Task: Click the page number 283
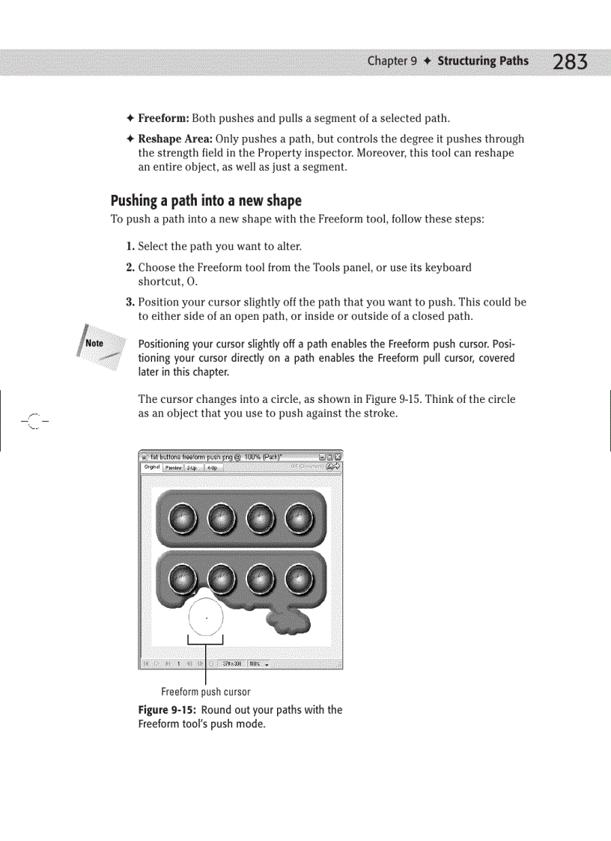pyautogui.click(x=570, y=62)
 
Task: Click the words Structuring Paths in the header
pyautogui.click(x=482, y=61)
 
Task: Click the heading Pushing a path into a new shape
pyautogui.click(x=206, y=201)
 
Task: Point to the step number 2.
pyautogui.click(x=130, y=267)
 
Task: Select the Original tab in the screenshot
pyautogui.click(x=152, y=467)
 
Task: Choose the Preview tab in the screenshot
pyautogui.click(x=173, y=467)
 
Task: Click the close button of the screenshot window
pyautogui.click(x=338, y=456)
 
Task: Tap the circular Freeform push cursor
pyautogui.click(x=206, y=617)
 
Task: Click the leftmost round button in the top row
pyautogui.click(x=181, y=518)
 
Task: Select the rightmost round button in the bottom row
pyautogui.click(x=300, y=577)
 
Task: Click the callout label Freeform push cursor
pyautogui.click(x=206, y=692)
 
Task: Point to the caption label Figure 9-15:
pyautogui.click(x=168, y=710)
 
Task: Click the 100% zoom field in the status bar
pyautogui.click(x=258, y=664)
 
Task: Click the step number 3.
pyautogui.click(x=130, y=303)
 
